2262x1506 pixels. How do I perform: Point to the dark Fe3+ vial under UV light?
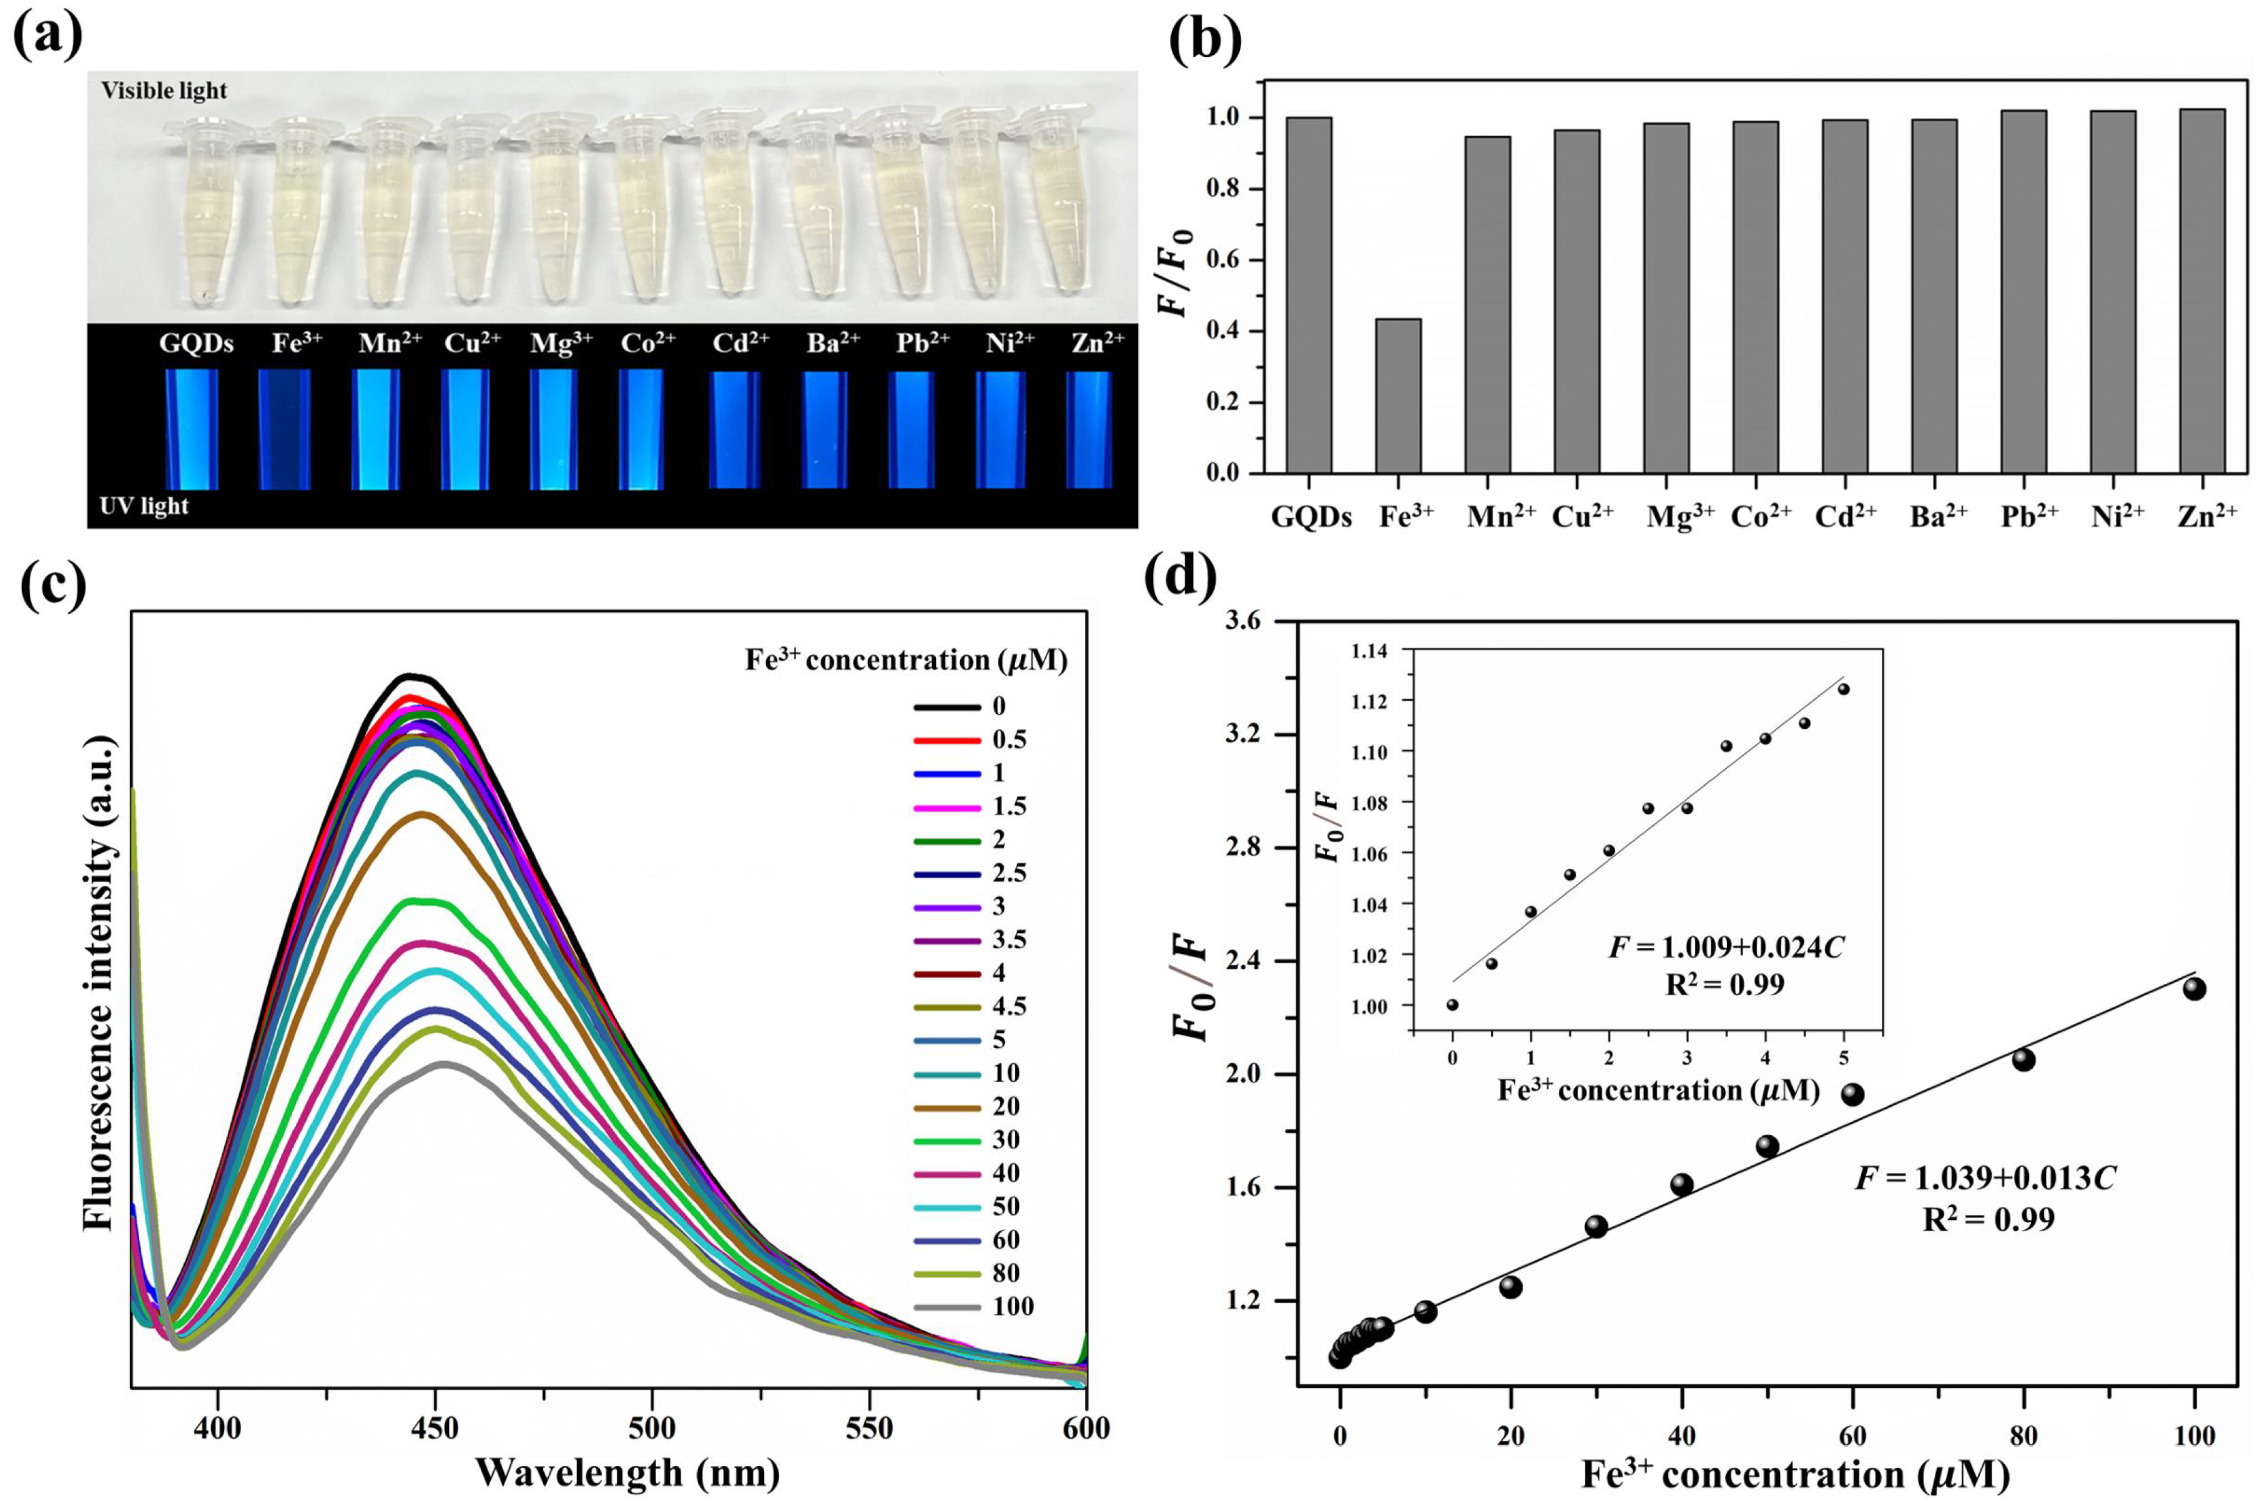coord(284,429)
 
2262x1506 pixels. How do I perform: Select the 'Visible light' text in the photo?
coord(164,91)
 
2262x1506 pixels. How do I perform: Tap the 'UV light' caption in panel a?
coord(144,506)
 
